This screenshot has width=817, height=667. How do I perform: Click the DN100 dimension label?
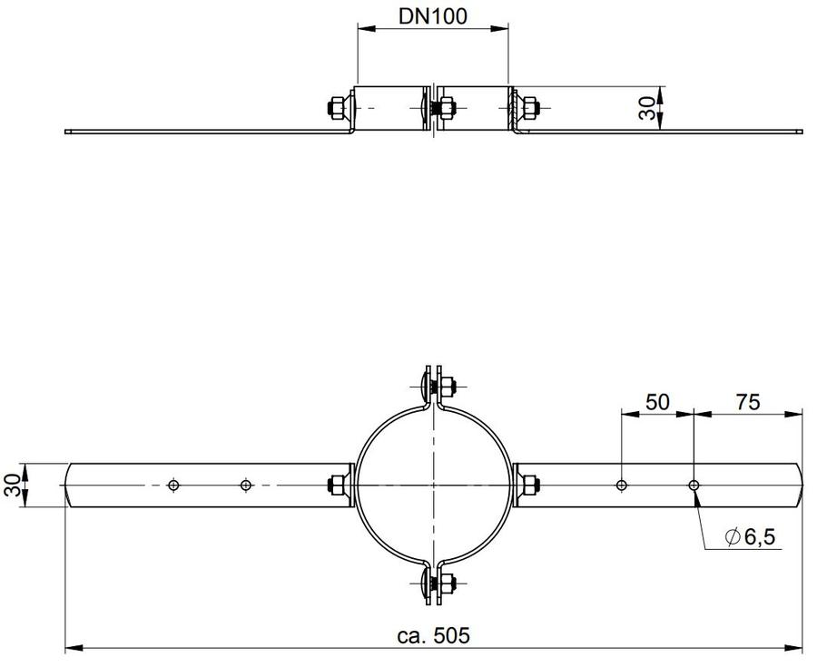(x=432, y=16)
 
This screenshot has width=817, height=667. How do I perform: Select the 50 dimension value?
(x=657, y=402)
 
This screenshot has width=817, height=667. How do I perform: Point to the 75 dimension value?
(x=748, y=402)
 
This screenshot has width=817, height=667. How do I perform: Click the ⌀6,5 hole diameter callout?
(x=750, y=536)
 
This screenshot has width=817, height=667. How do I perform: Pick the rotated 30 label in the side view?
(x=647, y=108)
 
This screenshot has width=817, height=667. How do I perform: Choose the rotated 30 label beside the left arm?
(x=14, y=485)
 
